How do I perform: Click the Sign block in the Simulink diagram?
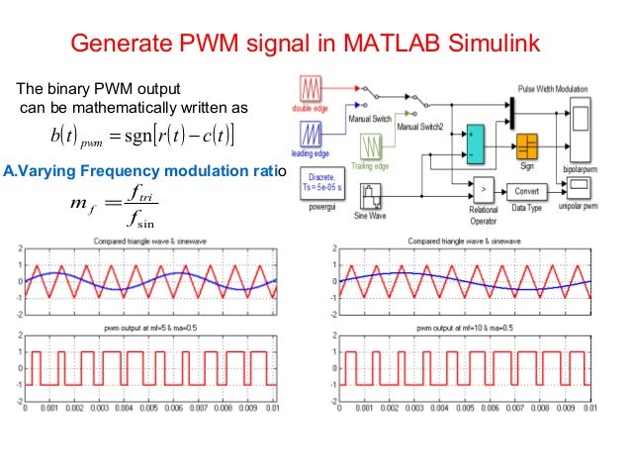coord(526,145)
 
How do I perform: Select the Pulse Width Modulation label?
coord(560,90)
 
